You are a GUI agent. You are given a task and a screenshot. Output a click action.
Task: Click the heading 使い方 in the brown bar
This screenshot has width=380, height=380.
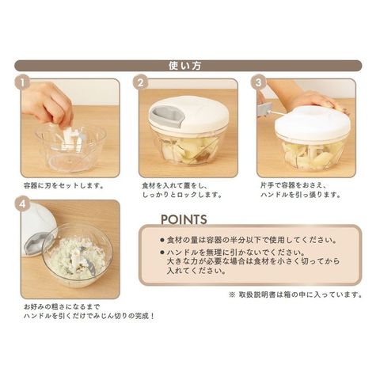185,66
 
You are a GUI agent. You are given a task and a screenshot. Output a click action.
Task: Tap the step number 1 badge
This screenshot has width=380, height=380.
22,82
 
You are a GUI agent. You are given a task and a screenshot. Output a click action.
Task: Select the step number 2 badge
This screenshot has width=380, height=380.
141,82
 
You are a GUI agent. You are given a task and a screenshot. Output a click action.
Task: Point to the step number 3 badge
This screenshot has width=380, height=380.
258,82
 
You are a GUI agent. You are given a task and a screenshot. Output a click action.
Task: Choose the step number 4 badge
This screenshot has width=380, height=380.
22,204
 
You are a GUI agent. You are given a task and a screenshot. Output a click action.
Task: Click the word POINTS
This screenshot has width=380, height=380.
184,219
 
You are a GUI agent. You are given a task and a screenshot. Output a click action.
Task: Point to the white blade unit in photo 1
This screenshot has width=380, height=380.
70,139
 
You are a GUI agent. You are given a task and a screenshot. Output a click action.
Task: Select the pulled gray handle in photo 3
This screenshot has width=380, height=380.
264,109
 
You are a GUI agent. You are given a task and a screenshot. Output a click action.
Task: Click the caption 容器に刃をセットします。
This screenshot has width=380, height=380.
63,186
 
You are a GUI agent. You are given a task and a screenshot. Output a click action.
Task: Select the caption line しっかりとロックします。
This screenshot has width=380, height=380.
182,195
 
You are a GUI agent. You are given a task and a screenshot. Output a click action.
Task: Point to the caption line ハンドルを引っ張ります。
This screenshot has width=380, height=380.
301,195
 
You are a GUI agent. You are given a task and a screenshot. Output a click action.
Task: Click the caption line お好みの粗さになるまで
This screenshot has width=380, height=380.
62,307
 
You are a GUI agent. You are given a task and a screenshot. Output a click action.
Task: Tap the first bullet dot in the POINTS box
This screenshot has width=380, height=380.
162,240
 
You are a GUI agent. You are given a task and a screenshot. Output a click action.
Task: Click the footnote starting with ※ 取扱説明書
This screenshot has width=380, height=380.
295,294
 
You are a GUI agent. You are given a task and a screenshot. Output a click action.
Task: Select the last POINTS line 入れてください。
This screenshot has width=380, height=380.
196,271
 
